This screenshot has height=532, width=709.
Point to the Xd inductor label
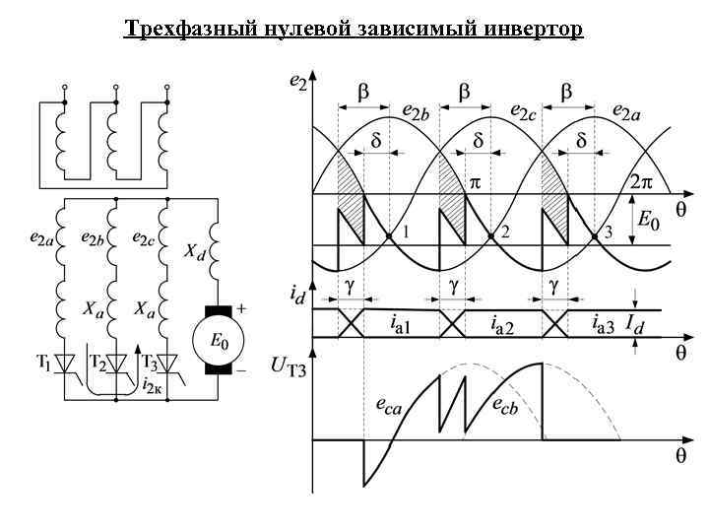tap(196, 252)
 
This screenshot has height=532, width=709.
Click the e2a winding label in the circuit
tap(42, 238)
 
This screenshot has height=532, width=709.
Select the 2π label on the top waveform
tap(641, 183)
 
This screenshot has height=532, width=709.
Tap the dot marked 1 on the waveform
tap(390, 235)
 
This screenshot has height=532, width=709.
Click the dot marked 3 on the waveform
tap(595, 235)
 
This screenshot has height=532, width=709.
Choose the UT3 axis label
tap(287, 366)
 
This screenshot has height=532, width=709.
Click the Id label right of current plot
tap(636, 323)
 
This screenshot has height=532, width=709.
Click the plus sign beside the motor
tap(241, 307)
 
